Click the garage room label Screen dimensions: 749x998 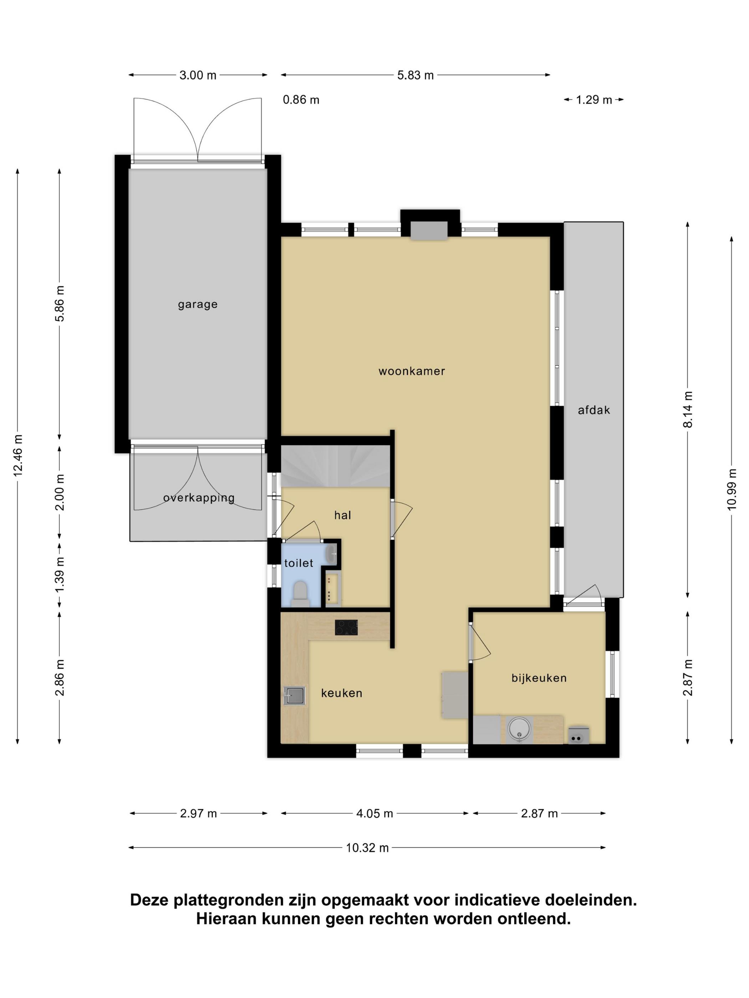197,304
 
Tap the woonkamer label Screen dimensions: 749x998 411,371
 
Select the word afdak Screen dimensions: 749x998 594,410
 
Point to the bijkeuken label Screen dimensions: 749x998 539,678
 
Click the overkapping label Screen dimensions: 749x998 199,498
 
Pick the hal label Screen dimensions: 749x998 342,515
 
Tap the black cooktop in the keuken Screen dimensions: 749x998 346,627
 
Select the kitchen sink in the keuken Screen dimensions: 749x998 294,695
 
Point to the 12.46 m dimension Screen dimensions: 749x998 18,456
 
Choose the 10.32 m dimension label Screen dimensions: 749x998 367,848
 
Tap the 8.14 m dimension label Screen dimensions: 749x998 688,409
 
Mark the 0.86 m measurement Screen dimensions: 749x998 301,100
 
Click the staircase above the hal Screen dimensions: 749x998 336,466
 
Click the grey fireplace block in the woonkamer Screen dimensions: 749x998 428,231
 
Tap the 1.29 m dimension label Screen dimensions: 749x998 594,100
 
